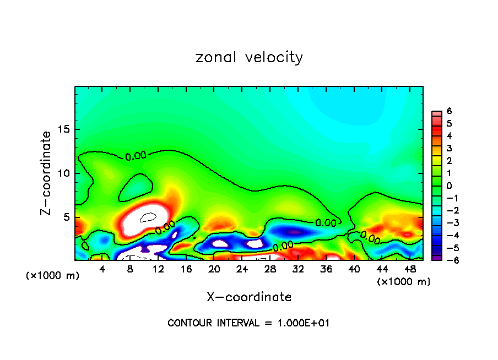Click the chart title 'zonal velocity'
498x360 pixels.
click(x=249, y=57)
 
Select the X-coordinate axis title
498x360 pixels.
click(x=249, y=297)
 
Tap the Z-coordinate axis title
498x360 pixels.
click(x=47, y=173)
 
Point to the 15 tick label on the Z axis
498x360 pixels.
click(x=63, y=130)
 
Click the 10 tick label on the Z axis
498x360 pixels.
click(x=63, y=173)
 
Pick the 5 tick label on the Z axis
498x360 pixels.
click(x=66, y=217)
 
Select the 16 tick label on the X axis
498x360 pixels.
click(x=186, y=269)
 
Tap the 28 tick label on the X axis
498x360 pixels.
click(x=270, y=269)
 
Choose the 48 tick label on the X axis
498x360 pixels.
click(x=409, y=269)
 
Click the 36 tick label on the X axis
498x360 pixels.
click(x=326, y=269)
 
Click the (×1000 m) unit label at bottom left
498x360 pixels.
click(x=52, y=276)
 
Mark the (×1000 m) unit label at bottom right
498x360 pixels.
click(x=403, y=282)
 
